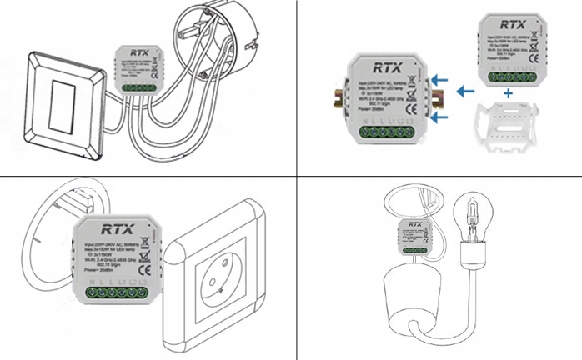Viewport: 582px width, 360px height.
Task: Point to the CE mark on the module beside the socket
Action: [143, 270]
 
